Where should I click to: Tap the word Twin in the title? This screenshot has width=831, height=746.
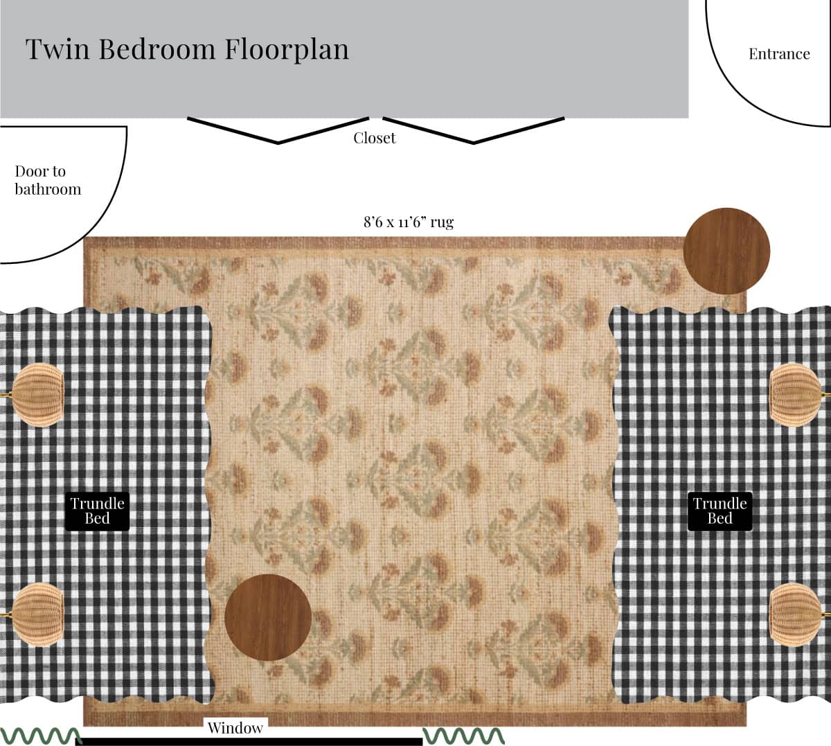click(x=57, y=49)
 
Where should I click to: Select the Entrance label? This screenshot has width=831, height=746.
click(x=779, y=54)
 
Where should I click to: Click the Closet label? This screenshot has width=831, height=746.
click(x=375, y=138)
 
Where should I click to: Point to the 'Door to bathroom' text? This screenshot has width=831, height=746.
click(x=48, y=180)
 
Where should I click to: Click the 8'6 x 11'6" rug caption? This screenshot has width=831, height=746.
click(x=409, y=222)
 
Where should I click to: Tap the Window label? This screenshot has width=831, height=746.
click(x=235, y=728)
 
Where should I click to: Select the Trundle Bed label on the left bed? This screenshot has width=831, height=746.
click(x=97, y=511)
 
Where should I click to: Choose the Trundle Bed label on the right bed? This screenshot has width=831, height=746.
click(x=720, y=511)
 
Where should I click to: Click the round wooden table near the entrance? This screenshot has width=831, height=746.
click(x=726, y=251)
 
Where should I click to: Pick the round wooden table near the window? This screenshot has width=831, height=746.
click(x=268, y=618)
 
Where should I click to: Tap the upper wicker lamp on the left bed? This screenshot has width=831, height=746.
click(x=37, y=395)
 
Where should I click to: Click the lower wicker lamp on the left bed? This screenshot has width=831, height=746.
click(x=37, y=614)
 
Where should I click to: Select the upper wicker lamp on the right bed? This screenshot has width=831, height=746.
click(x=795, y=395)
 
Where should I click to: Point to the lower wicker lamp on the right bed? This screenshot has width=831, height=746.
click(x=795, y=614)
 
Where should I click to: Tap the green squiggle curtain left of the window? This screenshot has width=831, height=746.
click(x=41, y=736)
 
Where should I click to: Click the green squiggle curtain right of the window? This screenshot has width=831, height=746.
click(x=463, y=736)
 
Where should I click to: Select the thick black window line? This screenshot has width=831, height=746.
click(x=252, y=742)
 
